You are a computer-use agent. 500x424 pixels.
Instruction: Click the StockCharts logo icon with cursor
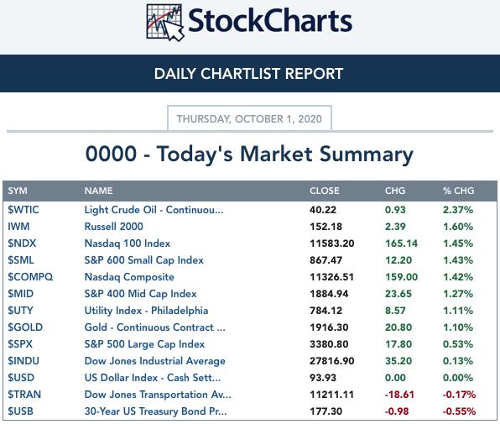pyautogui.click(x=165, y=23)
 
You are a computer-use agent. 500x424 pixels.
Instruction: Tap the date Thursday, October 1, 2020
pyautogui.click(x=249, y=119)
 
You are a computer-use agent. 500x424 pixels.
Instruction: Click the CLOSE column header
pyautogui.click(x=325, y=191)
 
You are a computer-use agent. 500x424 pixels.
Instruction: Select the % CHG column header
pyautogui.click(x=459, y=191)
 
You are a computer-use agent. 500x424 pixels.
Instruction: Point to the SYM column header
pyautogui.click(x=18, y=191)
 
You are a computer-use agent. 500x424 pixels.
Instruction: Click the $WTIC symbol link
pyautogui.click(x=23, y=210)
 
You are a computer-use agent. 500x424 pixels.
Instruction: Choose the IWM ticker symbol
pyautogui.click(x=18, y=227)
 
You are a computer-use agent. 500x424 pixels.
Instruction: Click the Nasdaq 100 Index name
pyautogui.click(x=128, y=243)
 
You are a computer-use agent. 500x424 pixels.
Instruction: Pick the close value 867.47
pyautogui.click(x=326, y=260)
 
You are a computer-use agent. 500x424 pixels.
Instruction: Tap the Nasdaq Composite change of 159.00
pyautogui.click(x=401, y=277)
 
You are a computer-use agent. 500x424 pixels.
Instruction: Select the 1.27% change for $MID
pyautogui.click(x=458, y=294)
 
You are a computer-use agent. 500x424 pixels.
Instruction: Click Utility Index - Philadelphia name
pyautogui.click(x=146, y=311)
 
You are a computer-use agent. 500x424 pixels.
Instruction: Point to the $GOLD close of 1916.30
pyautogui.click(x=329, y=327)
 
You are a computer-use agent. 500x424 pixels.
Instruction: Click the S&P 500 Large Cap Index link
pyautogui.click(x=144, y=344)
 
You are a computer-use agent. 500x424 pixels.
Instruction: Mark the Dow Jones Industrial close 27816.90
pyautogui.click(x=331, y=361)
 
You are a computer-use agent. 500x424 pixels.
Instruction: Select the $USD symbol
pyautogui.click(x=21, y=378)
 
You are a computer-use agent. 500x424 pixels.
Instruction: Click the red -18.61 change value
pyautogui.click(x=399, y=395)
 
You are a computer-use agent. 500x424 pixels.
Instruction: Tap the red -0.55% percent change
pyautogui.click(x=459, y=411)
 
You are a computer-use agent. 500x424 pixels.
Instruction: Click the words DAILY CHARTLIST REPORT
pyautogui.click(x=248, y=74)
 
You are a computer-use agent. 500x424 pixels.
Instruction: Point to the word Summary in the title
pyautogui.click(x=367, y=155)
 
